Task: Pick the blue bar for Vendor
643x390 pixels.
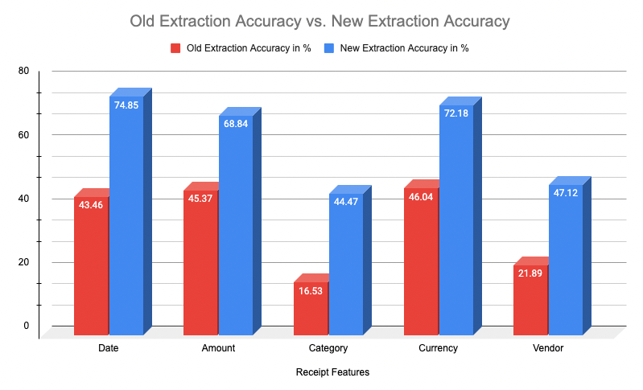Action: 565,265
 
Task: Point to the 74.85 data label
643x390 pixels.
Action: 126,105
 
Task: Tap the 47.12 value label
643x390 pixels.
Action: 565,193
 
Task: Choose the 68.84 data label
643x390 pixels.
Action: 236,124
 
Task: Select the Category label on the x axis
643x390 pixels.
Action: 328,348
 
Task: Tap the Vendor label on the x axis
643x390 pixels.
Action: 548,348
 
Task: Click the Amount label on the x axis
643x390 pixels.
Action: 218,348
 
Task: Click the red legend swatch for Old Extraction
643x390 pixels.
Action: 175,48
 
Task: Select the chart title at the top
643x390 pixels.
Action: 320,19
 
